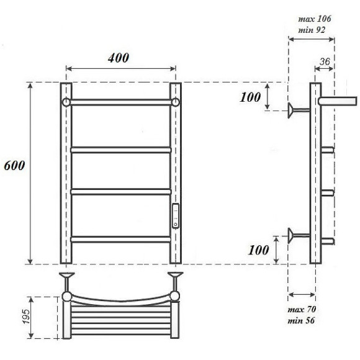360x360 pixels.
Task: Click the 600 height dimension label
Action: click(x=14, y=167)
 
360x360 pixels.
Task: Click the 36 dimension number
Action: click(x=324, y=61)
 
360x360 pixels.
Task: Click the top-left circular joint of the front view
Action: click(x=66, y=102)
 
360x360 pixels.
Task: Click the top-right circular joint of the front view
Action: click(x=175, y=102)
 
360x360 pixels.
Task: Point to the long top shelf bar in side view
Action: click(x=338, y=99)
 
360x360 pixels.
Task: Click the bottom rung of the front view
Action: click(x=121, y=238)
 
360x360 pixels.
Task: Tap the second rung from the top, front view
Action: click(x=121, y=150)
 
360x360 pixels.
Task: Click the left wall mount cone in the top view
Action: click(x=66, y=274)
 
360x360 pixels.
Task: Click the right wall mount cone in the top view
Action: click(x=175, y=274)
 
